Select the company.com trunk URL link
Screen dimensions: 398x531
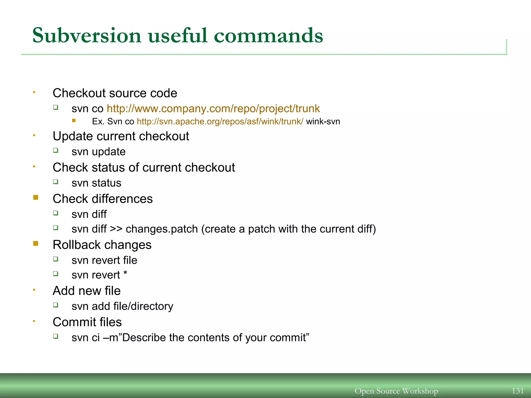point(213,109)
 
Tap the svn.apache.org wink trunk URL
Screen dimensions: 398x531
point(220,122)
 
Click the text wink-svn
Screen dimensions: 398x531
point(323,122)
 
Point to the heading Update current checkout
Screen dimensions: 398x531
point(121,136)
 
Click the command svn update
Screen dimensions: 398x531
point(99,152)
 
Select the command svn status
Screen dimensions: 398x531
point(96,183)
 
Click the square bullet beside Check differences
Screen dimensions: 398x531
point(36,198)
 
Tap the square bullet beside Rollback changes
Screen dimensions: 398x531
point(36,244)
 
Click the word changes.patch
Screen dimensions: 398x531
point(162,229)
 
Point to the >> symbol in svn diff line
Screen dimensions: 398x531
point(116,229)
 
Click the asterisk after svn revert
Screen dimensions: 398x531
point(125,273)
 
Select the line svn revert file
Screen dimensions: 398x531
point(104,260)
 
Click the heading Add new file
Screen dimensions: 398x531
point(87,291)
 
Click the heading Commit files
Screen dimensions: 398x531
point(87,322)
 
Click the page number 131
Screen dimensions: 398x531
point(518,391)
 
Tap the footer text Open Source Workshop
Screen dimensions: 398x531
point(396,391)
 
